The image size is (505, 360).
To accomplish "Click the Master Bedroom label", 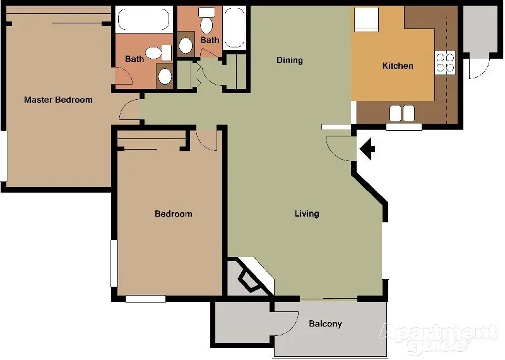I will pos(58,100).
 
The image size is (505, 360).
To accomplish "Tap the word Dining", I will pos(290,61).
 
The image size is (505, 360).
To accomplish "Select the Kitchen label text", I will pos(398,66).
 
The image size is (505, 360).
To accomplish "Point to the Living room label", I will pos(307,213).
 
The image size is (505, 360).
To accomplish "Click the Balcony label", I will pos(325,324).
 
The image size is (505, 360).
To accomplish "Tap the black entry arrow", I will pos(367,150).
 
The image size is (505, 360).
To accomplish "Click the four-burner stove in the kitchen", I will pos(445,61).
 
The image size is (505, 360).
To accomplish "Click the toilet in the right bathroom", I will pos(206,23).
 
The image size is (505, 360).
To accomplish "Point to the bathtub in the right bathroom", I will pos(234,27).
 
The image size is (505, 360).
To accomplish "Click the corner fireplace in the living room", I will pos(249,276).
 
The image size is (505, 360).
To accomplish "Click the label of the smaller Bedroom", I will pos(173,214).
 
